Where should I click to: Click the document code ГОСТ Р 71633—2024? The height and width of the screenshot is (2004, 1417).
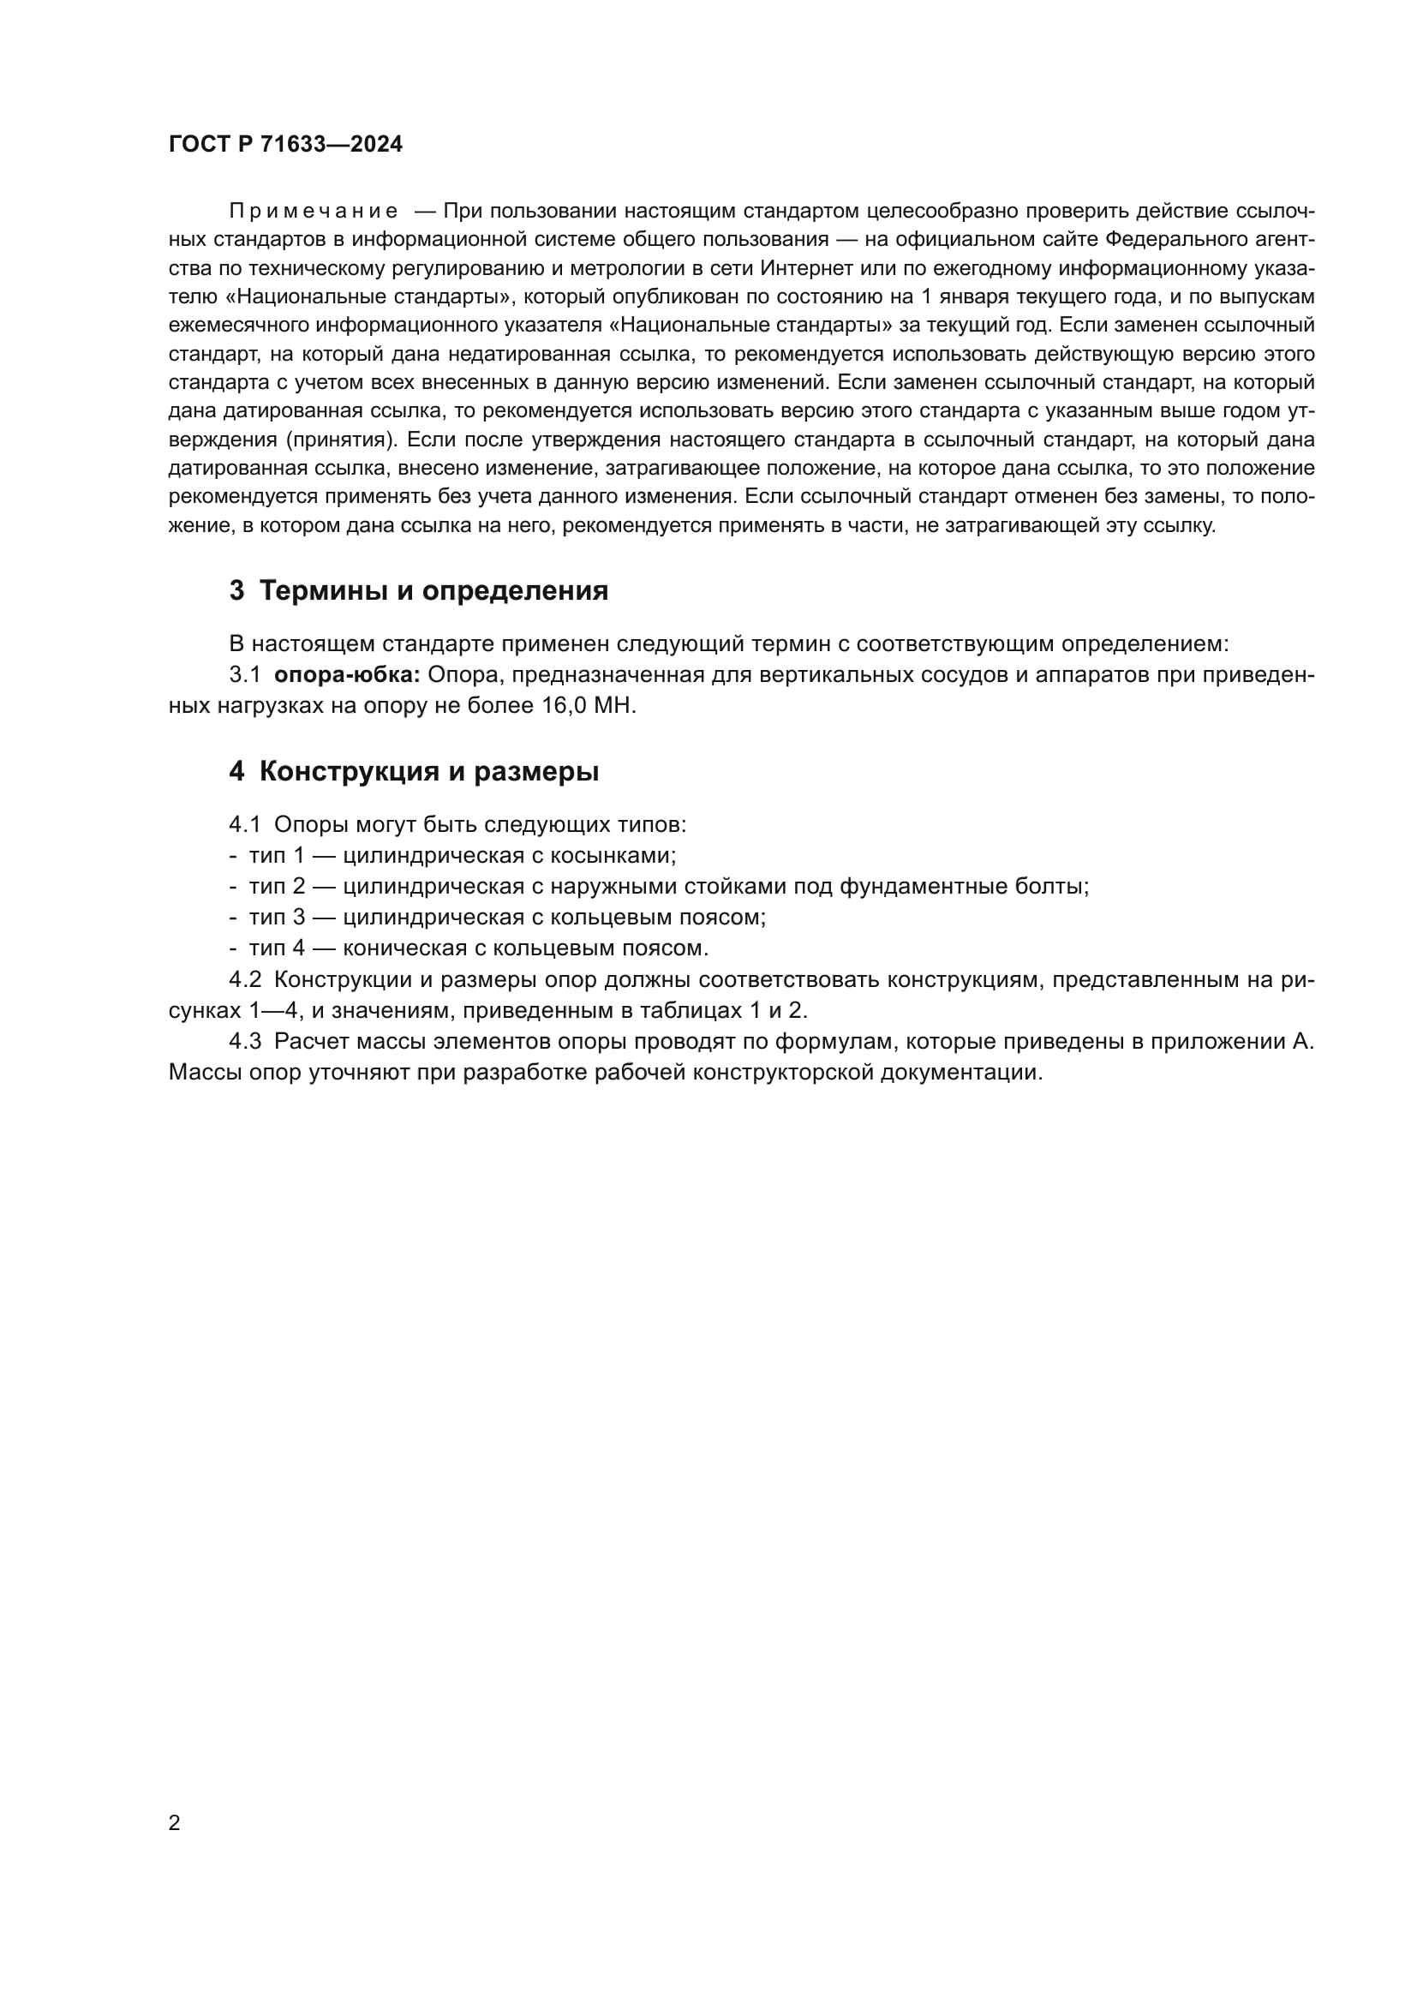click(285, 145)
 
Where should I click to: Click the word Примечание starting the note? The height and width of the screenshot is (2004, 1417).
click(314, 212)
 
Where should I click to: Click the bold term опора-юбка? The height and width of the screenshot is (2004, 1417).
click(347, 674)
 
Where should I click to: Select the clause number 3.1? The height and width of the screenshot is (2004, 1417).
click(245, 674)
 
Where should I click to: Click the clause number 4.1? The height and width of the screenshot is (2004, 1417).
click(245, 824)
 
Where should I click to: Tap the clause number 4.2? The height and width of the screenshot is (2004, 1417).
click(245, 979)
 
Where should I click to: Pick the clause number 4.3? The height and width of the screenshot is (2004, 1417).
click(245, 1041)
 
